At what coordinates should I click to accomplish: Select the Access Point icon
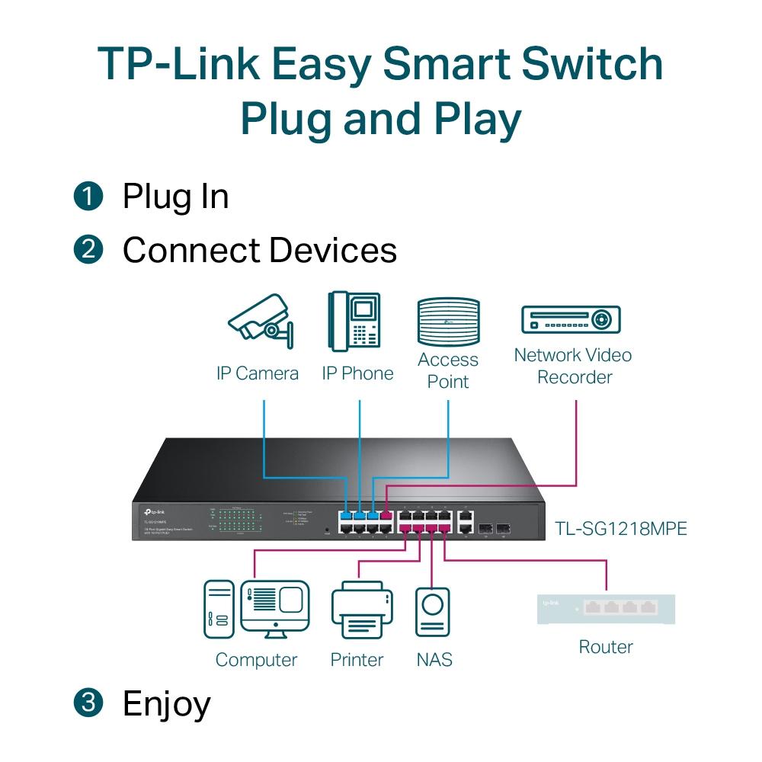click(x=448, y=322)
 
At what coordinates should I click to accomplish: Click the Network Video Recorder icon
click(x=571, y=319)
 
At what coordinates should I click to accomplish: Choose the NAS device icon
click(x=433, y=610)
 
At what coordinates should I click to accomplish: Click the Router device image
click(x=606, y=608)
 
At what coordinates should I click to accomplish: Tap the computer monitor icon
click(x=275, y=609)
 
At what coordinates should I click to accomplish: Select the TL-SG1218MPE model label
click(x=621, y=527)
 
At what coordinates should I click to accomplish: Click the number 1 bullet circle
click(x=88, y=197)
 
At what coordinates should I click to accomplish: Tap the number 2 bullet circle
click(x=88, y=250)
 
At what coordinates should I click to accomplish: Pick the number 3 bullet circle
click(x=88, y=703)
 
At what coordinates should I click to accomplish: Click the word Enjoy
click(x=166, y=703)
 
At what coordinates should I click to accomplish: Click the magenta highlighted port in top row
click(x=386, y=514)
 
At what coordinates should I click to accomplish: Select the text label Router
click(x=606, y=647)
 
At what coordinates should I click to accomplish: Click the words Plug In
click(x=175, y=197)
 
